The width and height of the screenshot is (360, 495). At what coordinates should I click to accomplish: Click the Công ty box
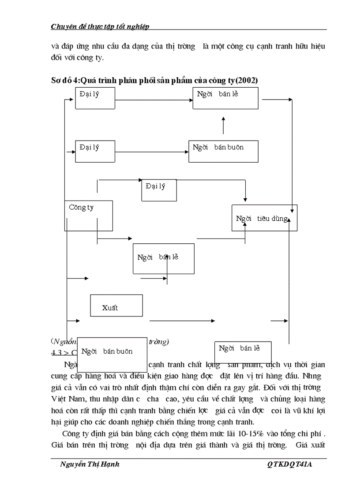[88, 215]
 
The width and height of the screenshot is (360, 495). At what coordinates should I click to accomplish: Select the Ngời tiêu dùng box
[264, 218]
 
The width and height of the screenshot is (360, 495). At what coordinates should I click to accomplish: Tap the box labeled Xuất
[116, 305]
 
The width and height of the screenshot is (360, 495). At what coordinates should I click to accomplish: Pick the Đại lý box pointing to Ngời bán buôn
[95, 151]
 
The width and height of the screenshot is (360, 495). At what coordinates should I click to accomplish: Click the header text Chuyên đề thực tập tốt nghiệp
[100, 26]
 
